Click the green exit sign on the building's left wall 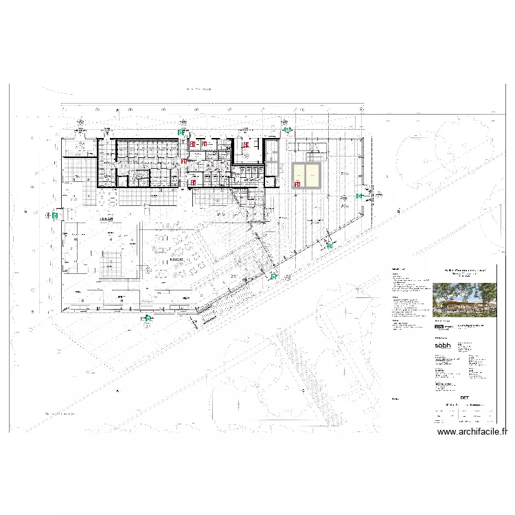tap(54, 215)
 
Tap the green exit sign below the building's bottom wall tap(147, 318)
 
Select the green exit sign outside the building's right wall tap(358, 196)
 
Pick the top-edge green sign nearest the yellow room tap(288, 129)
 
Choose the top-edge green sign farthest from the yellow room tap(181, 132)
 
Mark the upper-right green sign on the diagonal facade tap(330, 245)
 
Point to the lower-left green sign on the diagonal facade tap(273, 277)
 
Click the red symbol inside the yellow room tap(297, 184)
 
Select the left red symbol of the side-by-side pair tap(194, 144)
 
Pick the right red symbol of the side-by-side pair tap(204, 144)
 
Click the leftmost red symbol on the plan tap(183, 161)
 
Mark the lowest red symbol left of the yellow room tap(193, 183)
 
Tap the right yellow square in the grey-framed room tap(314, 176)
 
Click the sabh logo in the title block tap(443, 346)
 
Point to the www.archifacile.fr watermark tap(472, 432)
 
